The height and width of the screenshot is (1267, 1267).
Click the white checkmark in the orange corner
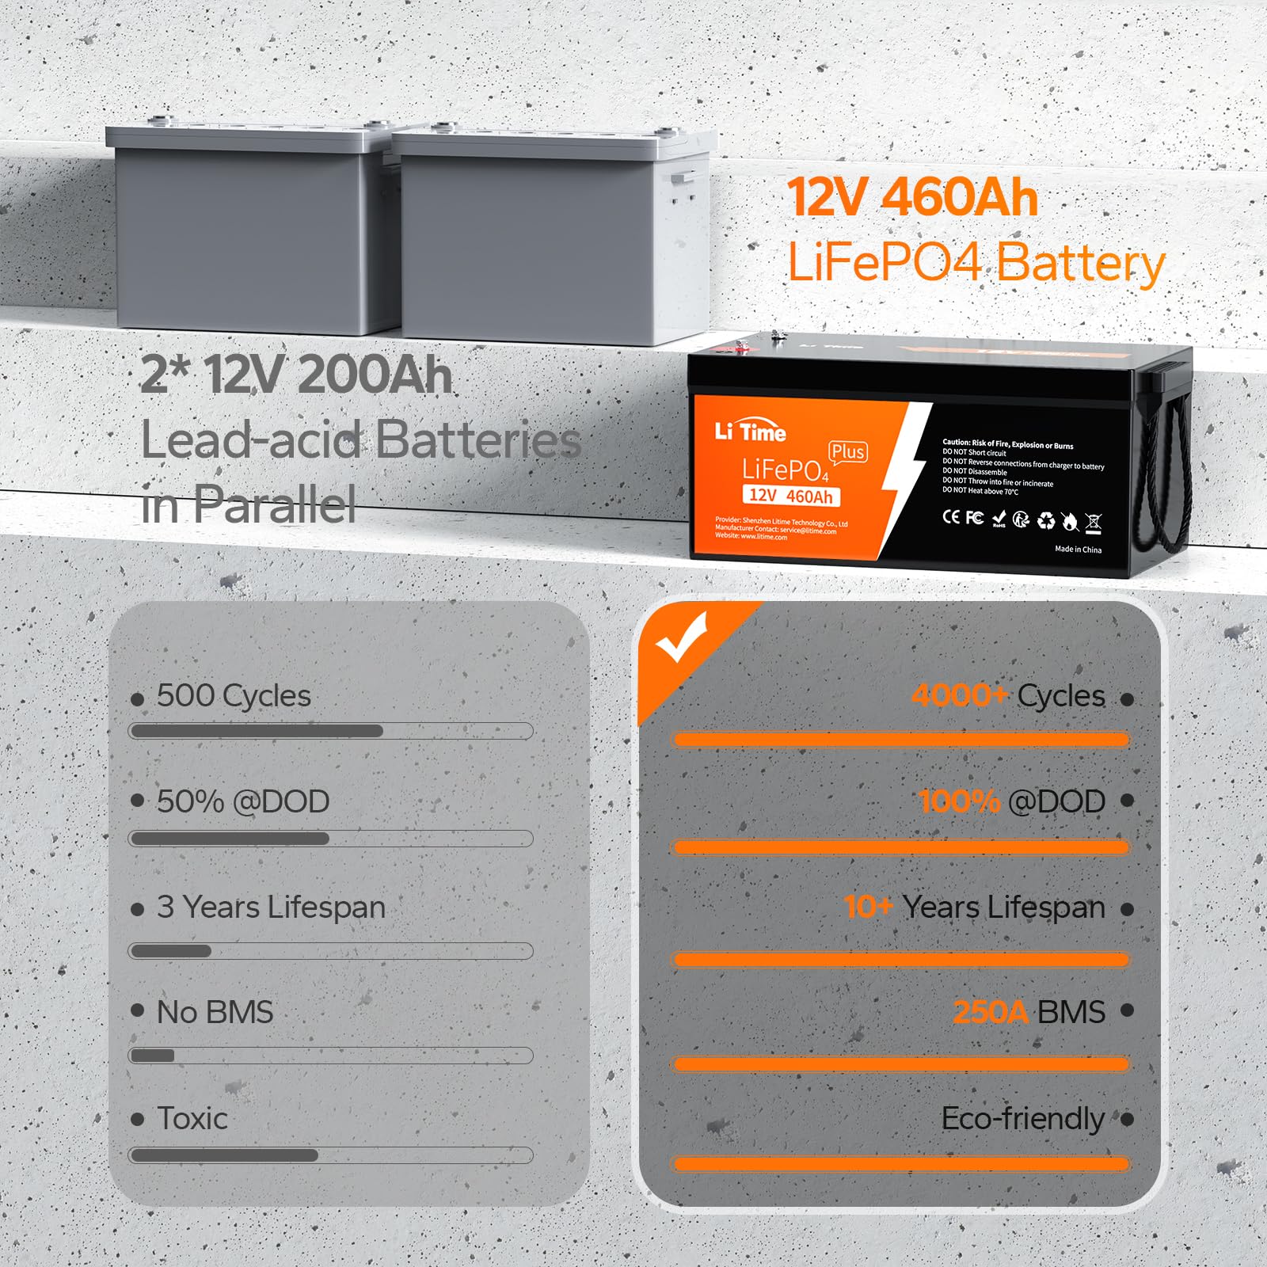tap(680, 638)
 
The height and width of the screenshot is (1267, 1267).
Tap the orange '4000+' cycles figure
tap(959, 695)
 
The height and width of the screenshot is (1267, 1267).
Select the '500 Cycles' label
tap(234, 696)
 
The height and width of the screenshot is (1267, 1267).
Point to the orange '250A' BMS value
tap(990, 1012)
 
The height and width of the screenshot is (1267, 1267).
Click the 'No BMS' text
tap(215, 1012)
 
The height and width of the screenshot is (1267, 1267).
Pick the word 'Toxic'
tap(192, 1118)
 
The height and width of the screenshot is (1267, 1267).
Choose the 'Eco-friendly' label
tap(1022, 1118)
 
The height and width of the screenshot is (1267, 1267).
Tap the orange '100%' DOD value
tap(959, 801)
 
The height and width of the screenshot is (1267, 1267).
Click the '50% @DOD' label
tap(243, 801)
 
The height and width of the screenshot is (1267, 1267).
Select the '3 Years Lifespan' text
tap(271, 907)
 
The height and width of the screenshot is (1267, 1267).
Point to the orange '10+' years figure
tap(868, 907)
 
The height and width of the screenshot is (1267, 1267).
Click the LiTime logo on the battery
tap(750, 432)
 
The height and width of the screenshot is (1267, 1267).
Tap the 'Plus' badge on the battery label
tap(847, 451)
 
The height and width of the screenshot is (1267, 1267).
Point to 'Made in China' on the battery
tap(1078, 549)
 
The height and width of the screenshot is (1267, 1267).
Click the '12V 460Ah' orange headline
tap(912, 198)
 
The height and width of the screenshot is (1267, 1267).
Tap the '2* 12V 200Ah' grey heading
tap(296, 375)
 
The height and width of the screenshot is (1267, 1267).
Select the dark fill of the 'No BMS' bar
tap(152, 1056)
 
